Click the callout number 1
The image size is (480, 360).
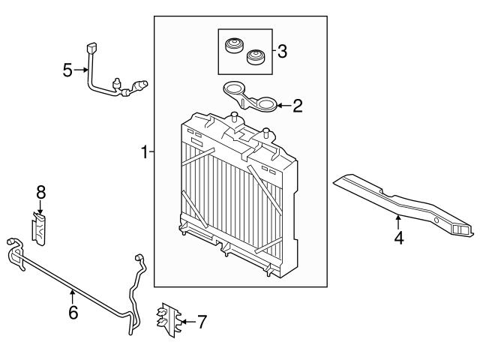145,151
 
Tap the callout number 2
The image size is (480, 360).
298,106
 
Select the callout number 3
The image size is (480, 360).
282,51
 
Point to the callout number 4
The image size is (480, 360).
399,238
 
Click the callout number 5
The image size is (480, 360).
67,70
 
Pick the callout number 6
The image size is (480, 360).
73,313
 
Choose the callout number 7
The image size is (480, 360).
202,322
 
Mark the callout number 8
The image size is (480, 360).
40,193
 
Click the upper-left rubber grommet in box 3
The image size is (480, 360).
235,45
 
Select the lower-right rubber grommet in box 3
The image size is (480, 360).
256,57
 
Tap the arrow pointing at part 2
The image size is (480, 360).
283,106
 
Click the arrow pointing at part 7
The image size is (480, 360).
188,322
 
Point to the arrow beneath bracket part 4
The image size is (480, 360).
398,222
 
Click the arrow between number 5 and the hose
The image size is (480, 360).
81,70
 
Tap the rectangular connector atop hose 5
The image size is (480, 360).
91,48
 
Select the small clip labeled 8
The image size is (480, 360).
39,229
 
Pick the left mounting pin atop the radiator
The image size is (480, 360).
235,117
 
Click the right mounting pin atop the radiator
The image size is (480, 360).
266,133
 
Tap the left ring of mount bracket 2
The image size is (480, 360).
233,88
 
